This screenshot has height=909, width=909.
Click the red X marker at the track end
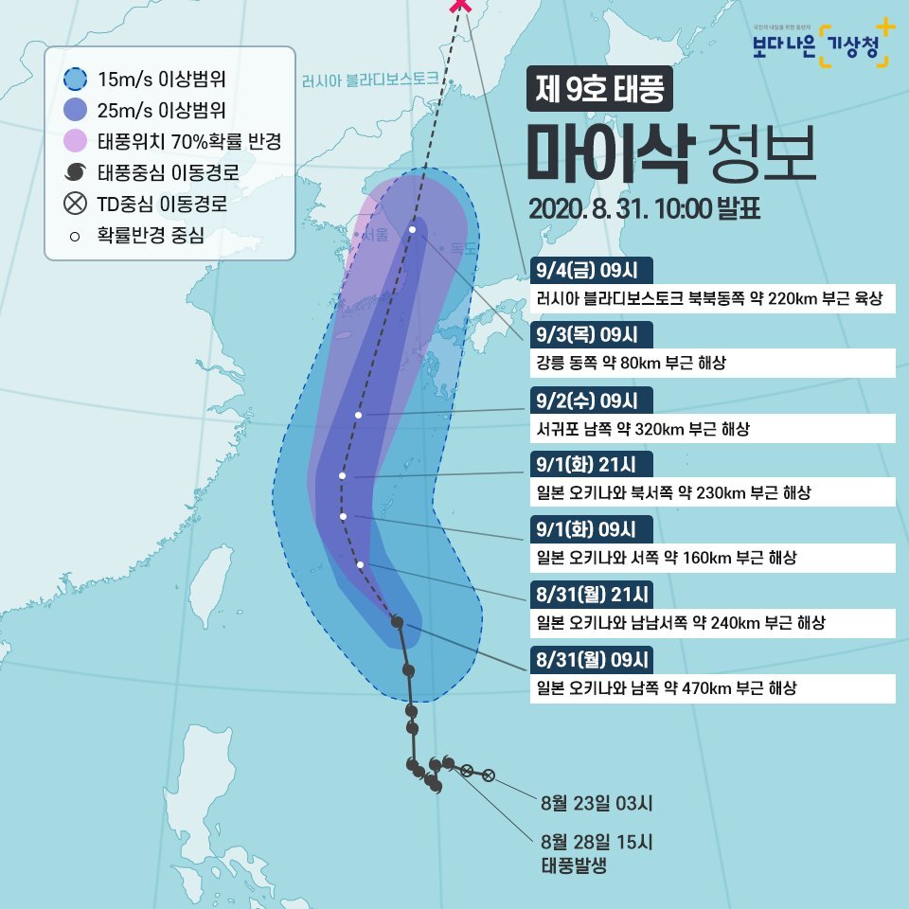[x=461, y=6]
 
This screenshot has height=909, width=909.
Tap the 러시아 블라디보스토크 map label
[x=369, y=80]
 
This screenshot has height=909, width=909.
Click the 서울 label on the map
[x=376, y=237]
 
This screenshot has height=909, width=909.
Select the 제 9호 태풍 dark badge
[x=598, y=91]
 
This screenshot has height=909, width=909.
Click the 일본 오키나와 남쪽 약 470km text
[x=666, y=687]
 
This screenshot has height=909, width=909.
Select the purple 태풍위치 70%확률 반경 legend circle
[x=76, y=142]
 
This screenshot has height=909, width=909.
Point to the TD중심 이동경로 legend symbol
[x=76, y=204]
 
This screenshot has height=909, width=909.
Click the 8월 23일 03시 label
[x=597, y=805]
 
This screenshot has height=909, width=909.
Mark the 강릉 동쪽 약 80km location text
[x=631, y=363]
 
